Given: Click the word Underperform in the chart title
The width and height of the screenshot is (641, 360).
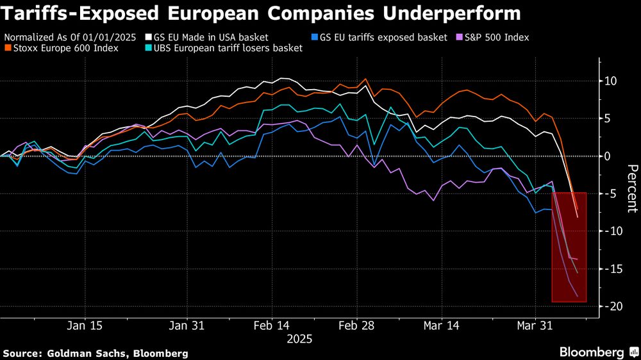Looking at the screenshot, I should coord(449,12).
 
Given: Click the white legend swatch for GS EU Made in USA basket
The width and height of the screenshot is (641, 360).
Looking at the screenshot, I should coord(149,38).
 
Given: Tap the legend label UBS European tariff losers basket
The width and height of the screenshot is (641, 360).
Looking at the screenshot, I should coord(226,48).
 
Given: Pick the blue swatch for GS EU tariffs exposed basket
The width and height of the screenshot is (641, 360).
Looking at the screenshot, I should coord(312,38).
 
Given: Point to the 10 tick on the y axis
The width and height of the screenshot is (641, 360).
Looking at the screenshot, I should coord(611,81).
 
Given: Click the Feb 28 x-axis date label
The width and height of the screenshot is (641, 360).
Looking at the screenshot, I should coord(356,325).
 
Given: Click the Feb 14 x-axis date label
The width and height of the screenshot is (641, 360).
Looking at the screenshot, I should coord(272,325).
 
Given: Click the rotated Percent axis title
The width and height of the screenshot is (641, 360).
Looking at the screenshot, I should coord(632,188).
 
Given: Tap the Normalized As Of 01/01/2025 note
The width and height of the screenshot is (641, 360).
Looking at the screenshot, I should coord(70,38).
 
